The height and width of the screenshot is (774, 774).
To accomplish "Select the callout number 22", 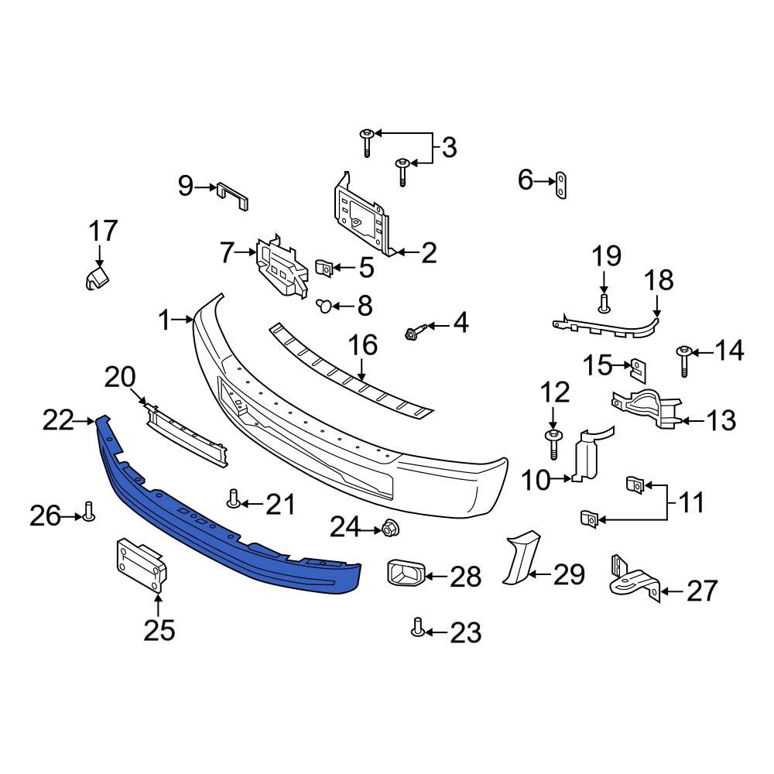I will pos(58,421).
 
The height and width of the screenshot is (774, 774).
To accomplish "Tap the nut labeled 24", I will pos(389,529).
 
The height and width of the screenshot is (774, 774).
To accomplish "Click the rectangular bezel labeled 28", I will pos(404,574).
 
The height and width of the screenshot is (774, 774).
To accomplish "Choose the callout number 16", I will pos(364,344).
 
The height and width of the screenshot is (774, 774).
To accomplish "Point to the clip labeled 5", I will pos(326,269).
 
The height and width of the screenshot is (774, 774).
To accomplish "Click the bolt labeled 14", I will pos(684,360).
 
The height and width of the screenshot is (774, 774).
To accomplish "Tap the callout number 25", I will pos(159,630).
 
